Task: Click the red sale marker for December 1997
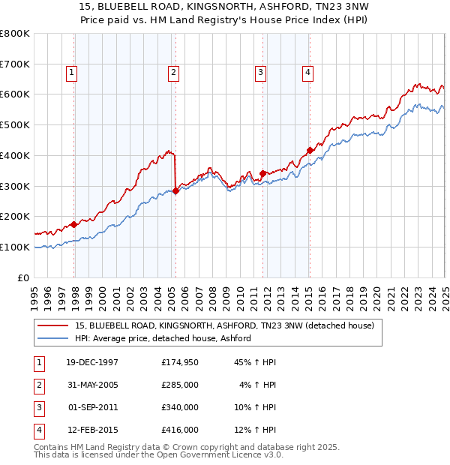tap(74, 224)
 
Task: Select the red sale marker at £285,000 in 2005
tap(175, 190)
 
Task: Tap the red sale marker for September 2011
tap(262, 173)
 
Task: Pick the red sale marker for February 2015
tap(310, 150)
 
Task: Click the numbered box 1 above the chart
tap(70, 73)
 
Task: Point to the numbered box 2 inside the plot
tap(173, 73)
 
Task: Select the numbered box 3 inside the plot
tap(260, 73)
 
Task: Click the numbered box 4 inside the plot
tap(307, 73)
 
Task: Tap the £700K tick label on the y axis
tap(16, 64)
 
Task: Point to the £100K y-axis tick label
tap(16, 247)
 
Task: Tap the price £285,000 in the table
tap(180, 385)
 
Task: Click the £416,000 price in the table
tap(180, 430)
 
